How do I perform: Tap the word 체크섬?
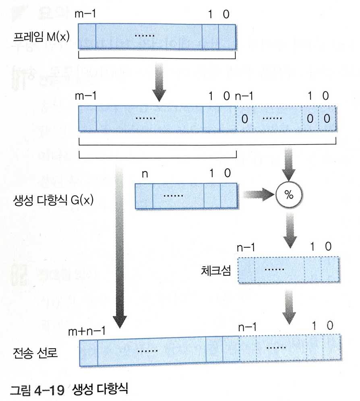(216, 270)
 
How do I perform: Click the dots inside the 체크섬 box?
(274, 269)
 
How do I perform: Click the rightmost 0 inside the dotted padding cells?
(326, 119)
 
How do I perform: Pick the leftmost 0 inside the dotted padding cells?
(244, 119)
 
